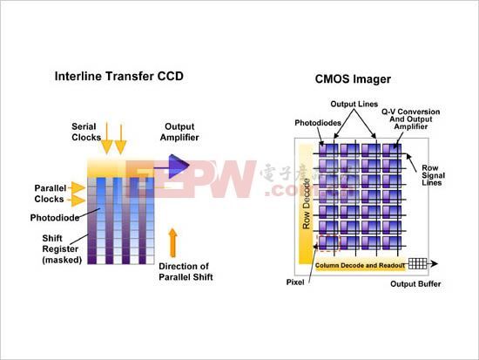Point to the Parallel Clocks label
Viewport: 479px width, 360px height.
51,193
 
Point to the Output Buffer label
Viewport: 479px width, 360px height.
416,284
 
